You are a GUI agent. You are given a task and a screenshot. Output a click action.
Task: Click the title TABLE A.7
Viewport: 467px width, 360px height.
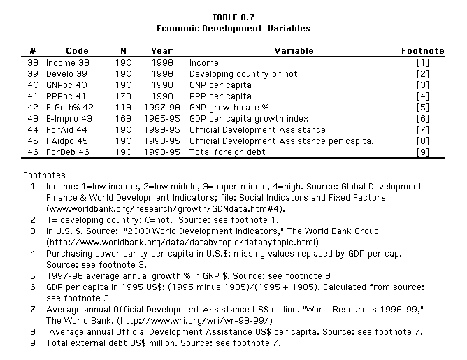[x=233, y=17]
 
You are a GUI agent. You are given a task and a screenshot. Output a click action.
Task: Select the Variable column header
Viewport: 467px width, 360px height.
[x=294, y=51]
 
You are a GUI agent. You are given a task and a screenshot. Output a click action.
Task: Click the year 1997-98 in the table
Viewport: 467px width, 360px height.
[x=161, y=107]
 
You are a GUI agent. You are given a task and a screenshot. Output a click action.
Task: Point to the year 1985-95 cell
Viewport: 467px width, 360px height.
[x=161, y=118]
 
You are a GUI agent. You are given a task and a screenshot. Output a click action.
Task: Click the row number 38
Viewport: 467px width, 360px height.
[x=31, y=62]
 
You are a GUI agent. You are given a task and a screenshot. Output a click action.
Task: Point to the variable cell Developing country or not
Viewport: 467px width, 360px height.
[x=243, y=73]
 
